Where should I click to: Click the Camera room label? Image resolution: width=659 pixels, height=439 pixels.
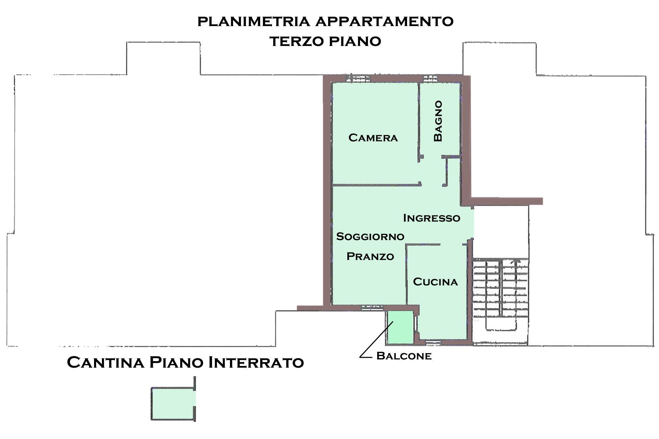tap(373, 138)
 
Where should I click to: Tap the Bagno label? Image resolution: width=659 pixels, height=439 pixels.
tap(438, 121)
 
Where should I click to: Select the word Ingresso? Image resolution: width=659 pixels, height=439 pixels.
tap(431, 218)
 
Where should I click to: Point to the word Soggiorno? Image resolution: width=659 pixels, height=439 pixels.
tap(370, 237)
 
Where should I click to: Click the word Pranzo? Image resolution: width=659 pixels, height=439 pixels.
tap(370, 257)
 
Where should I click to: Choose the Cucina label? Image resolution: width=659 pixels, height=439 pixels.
tap(435, 282)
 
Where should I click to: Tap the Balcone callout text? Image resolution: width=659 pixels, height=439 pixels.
tap(404, 356)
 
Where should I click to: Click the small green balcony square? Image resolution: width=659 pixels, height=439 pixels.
tap(400, 328)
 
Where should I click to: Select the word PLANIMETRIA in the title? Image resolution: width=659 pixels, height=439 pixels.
tap(254, 21)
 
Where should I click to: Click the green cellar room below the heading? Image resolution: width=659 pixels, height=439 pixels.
tap(174, 404)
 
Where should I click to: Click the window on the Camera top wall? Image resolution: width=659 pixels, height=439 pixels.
tap(358, 78)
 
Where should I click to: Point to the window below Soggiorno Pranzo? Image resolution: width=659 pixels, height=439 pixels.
tap(372, 307)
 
